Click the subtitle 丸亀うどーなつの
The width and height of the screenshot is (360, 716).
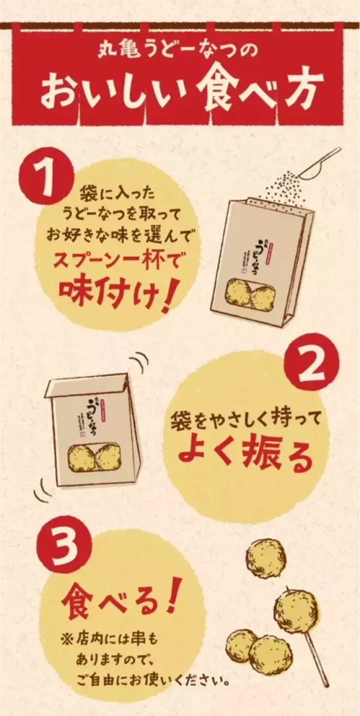179,50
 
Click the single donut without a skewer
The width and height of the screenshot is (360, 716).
266,558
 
